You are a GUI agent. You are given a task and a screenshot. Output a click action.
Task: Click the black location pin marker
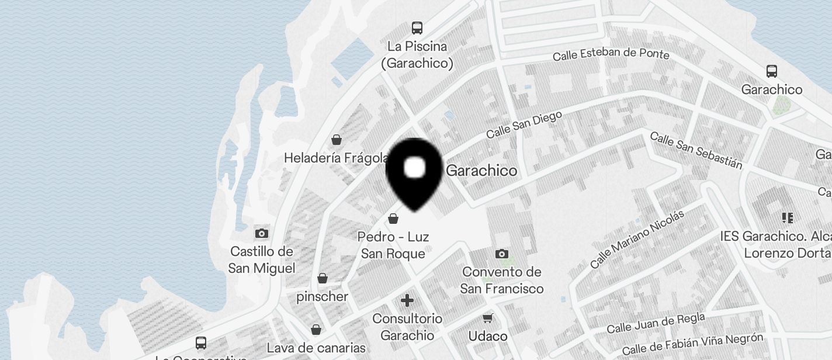415,171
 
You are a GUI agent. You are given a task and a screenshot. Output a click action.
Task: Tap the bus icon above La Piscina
417,27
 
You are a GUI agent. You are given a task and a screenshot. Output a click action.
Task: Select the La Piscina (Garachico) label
417,55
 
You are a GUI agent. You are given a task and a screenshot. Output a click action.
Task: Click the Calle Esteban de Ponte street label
611,54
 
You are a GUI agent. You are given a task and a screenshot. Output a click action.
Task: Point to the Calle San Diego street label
524,124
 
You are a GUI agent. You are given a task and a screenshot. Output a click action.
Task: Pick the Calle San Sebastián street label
696,150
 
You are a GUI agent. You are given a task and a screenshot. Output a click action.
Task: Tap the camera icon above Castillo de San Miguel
262,234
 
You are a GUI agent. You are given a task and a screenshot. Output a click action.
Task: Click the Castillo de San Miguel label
262,260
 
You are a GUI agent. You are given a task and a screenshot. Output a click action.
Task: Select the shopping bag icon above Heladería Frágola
337,140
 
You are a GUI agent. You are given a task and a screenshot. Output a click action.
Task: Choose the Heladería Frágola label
336,158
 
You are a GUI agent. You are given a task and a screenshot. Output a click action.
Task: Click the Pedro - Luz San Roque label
393,245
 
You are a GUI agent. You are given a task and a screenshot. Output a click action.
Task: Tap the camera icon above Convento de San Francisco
501,254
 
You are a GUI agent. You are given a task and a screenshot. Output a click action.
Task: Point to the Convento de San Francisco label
502,281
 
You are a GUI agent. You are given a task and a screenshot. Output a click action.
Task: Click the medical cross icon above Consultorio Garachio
407,301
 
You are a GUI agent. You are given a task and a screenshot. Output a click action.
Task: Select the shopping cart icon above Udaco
488,319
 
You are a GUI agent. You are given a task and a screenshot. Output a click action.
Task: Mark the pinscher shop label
323,297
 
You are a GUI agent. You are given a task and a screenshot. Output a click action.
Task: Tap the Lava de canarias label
316,348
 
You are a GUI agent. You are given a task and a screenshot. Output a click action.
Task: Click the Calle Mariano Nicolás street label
637,239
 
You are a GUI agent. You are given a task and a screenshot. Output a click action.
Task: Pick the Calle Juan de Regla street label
656,323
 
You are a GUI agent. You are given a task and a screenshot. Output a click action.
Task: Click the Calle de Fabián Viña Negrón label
692,344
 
